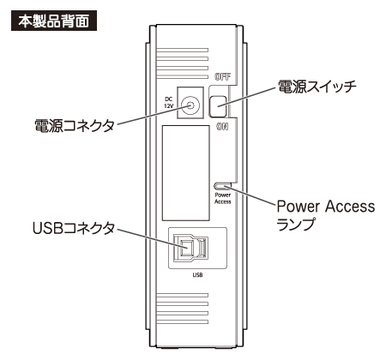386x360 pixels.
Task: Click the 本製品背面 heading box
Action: coord(54,21)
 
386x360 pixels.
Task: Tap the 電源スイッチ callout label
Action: coord(317,87)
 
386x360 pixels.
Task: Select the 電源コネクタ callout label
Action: coord(75,126)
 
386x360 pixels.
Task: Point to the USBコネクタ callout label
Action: coord(74,228)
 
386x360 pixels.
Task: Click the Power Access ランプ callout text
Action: coord(326,215)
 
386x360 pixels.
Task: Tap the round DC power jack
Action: coord(190,106)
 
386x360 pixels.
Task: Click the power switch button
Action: coord(218,106)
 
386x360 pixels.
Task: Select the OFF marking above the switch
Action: coord(223,76)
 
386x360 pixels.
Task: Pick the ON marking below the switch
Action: coord(222,127)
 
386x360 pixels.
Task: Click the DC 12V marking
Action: coord(169,103)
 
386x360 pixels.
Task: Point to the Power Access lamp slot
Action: coord(222,186)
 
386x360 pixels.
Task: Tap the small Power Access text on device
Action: coord(223,198)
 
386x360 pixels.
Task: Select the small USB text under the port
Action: coord(197,275)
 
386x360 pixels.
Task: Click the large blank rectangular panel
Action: coord(186,173)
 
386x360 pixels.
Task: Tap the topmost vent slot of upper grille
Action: coord(182,50)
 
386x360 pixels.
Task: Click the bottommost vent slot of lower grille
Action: coord(182,321)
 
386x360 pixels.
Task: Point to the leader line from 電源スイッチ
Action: coord(248,97)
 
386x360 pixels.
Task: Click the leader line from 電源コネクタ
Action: coord(154,115)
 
